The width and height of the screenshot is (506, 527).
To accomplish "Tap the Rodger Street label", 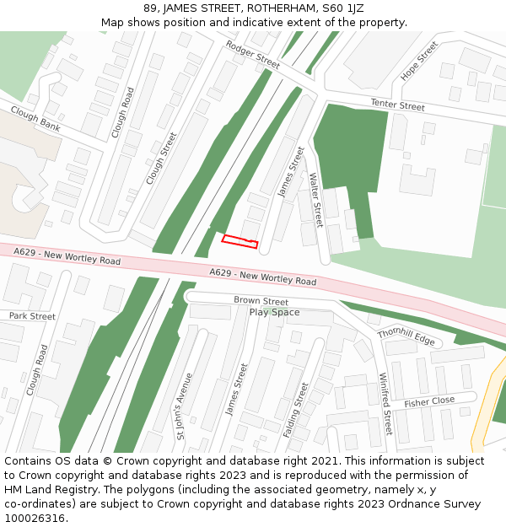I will coord(252,55).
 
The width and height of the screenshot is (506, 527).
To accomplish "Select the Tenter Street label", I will coord(398,105).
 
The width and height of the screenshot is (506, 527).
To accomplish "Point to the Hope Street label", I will coord(419,62).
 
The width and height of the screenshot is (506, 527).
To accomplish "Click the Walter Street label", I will coord(316,200).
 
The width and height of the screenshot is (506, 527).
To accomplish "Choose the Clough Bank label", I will coord(35,119).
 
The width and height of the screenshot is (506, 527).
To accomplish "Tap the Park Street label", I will coord(32,316).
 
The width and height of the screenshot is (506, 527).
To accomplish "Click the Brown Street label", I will coord(261,301).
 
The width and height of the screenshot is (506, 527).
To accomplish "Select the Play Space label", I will coord(274,313).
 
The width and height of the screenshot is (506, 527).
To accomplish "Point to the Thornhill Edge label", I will coord(406,336).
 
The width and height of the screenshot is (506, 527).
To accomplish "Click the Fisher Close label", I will coord(429,401).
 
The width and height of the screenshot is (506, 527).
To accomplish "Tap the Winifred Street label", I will coord(385,404).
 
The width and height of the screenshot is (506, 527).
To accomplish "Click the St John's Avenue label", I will coord(183,406).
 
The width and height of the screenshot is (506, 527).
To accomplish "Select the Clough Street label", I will coord(162,159).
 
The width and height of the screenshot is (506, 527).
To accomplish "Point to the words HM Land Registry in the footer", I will coord(45,490).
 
